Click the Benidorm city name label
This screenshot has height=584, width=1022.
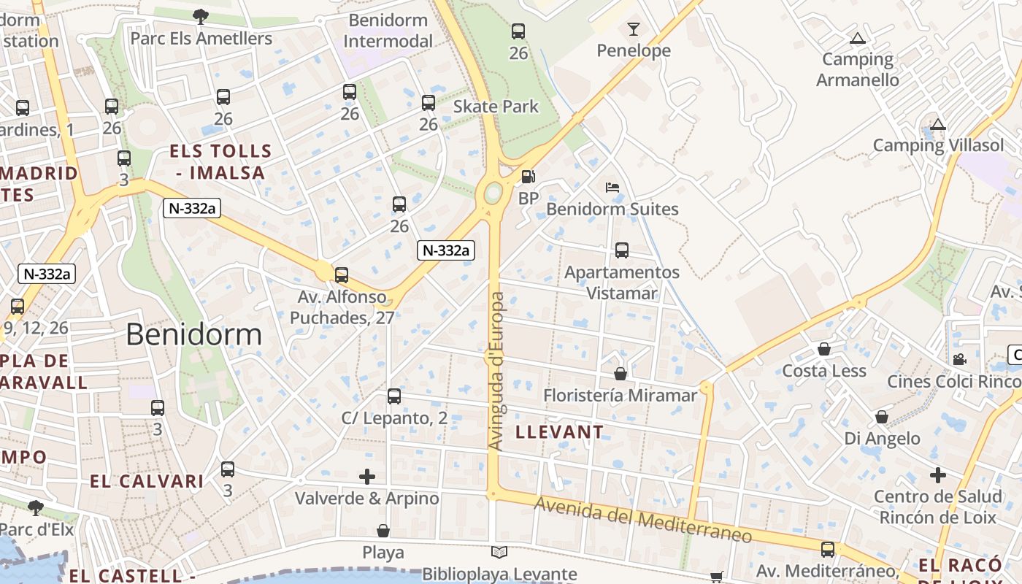[193, 334]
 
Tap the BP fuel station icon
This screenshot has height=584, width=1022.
[528, 177]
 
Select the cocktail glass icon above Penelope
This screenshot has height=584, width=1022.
[633, 29]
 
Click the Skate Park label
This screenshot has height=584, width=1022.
[496, 107]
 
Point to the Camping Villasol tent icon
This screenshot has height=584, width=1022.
[938, 124]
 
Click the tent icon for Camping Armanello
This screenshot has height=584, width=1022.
[857, 38]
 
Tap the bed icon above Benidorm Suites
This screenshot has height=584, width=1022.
[612, 188]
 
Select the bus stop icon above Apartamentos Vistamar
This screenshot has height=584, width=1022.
[622, 250]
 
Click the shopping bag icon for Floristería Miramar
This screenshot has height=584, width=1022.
[620, 374]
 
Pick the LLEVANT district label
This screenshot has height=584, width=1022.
[560, 432]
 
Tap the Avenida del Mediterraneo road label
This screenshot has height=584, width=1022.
[643, 520]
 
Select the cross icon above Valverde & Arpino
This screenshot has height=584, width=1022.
[367, 477]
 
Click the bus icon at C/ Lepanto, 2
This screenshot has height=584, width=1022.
[394, 396]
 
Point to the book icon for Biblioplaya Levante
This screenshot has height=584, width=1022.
[499, 553]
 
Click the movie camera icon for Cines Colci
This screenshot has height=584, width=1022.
[959, 359]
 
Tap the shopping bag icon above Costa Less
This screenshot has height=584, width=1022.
[824, 349]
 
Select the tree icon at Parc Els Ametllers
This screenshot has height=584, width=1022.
[201, 16]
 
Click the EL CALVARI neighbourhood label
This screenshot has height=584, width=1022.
[147, 482]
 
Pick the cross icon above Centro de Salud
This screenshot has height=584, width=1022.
[938, 475]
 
